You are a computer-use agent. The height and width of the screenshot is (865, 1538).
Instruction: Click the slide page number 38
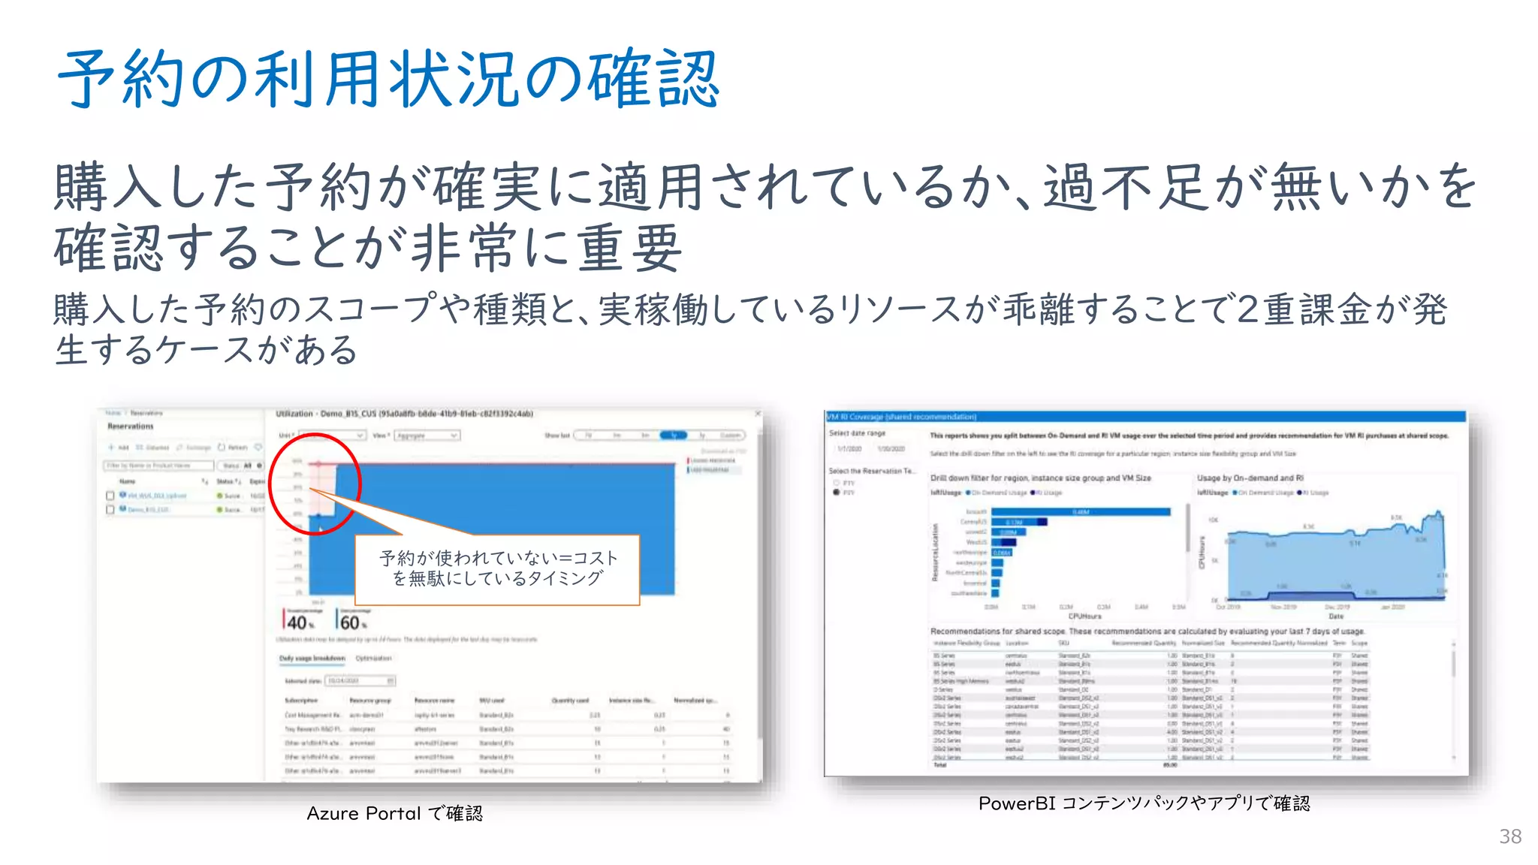click(x=1509, y=836)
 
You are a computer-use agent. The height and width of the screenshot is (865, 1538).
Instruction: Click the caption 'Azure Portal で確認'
click(x=394, y=813)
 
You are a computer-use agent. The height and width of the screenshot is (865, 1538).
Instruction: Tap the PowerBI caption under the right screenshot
click(x=1144, y=803)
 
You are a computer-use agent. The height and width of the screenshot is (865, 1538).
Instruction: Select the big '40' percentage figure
click(x=297, y=622)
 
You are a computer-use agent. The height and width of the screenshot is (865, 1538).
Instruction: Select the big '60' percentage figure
click(x=350, y=622)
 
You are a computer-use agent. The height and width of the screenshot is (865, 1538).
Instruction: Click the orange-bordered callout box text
click(x=497, y=568)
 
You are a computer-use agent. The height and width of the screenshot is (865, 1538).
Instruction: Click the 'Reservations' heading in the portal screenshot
click(x=130, y=426)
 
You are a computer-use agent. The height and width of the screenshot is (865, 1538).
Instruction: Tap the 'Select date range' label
click(x=857, y=433)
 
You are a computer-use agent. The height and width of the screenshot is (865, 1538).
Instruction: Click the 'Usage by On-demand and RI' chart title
click(x=1250, y=478)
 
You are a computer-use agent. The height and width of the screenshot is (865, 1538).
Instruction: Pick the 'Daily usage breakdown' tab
click(x=312, y=659)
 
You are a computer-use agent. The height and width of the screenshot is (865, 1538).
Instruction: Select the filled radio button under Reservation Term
click(x=837, y=493)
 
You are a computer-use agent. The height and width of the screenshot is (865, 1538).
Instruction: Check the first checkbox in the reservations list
click(x=110, y=496)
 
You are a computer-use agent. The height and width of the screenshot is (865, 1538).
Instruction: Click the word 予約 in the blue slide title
click(x=120, y=79)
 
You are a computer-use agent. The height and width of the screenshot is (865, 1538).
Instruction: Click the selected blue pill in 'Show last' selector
click(x=673, y=436)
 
